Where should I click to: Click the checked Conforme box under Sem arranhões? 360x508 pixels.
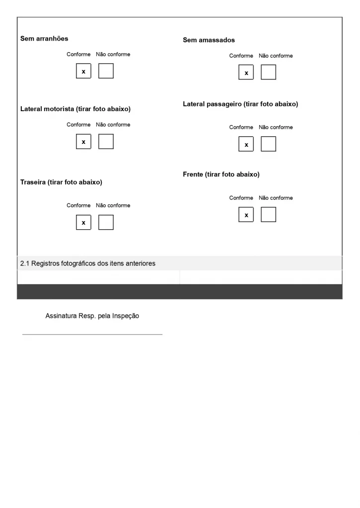pos(83,71)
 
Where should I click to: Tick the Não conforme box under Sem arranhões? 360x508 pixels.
pos(106,71)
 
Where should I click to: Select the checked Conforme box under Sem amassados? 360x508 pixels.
pos(246,72)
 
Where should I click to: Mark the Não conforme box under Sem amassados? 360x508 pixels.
pos(268,72)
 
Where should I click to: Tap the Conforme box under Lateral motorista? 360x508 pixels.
pos(83,141)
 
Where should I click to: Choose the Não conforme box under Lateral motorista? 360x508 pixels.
pos(106,141)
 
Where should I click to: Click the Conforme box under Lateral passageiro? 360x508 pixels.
pos(246,144)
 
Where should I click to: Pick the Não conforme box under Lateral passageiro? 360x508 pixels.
pos(268,144)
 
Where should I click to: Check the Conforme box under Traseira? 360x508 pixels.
pos(83,222)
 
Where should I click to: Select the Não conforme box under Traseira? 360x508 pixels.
pos(106,222)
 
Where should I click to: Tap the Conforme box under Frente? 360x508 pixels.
pos(246,215)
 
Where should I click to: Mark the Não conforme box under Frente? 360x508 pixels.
pos(268,215)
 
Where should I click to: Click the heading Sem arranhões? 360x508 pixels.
pos(44,38)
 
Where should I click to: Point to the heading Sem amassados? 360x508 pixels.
pos(209,40)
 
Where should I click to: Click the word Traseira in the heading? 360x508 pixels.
pos(33,182)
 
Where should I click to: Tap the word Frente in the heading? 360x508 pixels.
pos(193,175)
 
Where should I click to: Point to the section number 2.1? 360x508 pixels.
pos(25,263)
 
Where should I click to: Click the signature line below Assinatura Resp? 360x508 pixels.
pos(92,334)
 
